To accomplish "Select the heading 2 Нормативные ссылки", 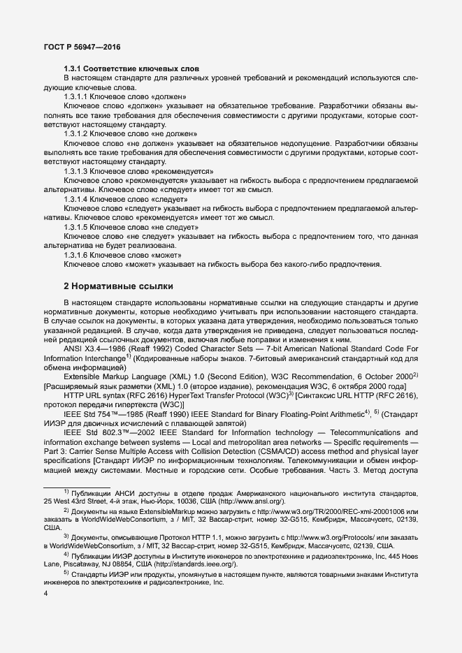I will pos(118,287).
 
